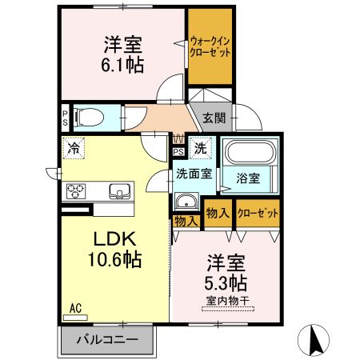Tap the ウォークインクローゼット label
tap(210, 46)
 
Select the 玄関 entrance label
tap(213, 118)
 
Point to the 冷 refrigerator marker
tap(74, 147)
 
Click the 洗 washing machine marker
tap(202, 147)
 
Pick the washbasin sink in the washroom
tap(187, 202)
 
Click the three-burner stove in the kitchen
tap(77, 191)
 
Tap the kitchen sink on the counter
tap(119, 191)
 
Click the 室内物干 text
tap(227, 300)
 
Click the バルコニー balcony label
tap(106, 340)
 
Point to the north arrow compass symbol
tap(314, 339)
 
